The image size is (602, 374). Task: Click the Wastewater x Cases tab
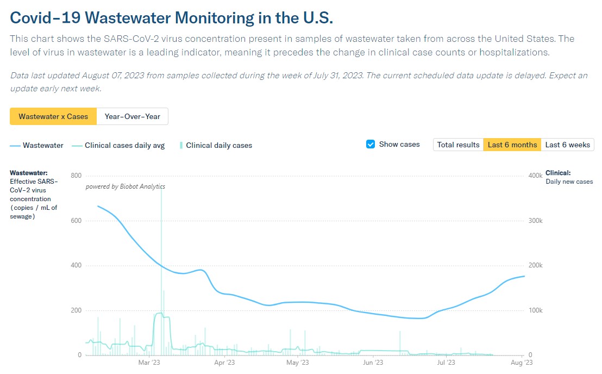(53, 116)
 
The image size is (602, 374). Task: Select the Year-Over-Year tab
(132, 116)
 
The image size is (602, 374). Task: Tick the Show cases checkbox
(371, 145)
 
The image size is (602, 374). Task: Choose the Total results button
(458, 145)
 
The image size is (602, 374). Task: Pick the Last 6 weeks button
(567, 145)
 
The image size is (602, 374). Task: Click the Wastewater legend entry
(37, 145)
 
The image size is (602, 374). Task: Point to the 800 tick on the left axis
(76, 176)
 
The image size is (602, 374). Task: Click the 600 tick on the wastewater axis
(76, 221)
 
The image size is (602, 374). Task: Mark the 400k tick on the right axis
(535, 176)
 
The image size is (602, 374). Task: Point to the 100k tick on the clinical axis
(535, 310)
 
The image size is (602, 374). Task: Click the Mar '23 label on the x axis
(149, 363)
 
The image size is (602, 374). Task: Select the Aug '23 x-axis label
(522, 363)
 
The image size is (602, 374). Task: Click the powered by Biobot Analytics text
(126, 186)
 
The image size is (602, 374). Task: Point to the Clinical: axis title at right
(558, 173)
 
